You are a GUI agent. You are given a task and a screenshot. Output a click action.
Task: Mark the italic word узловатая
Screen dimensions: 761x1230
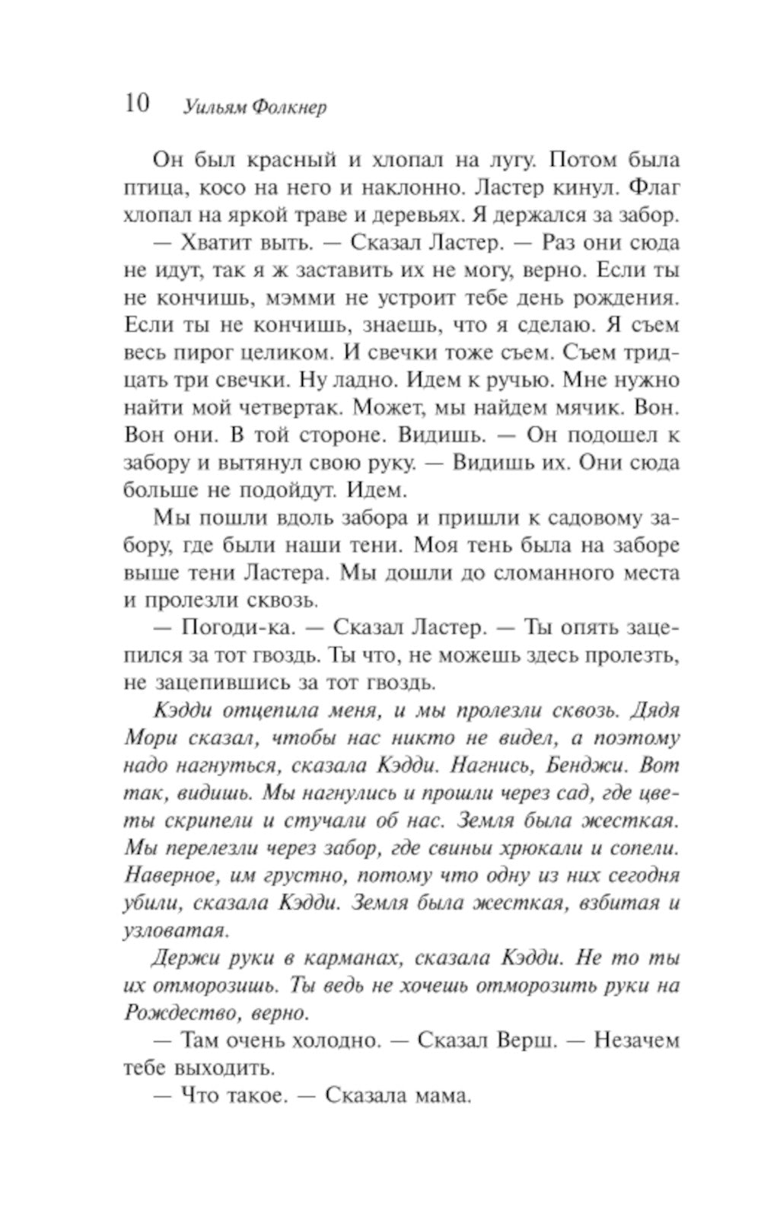click(164, 929)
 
